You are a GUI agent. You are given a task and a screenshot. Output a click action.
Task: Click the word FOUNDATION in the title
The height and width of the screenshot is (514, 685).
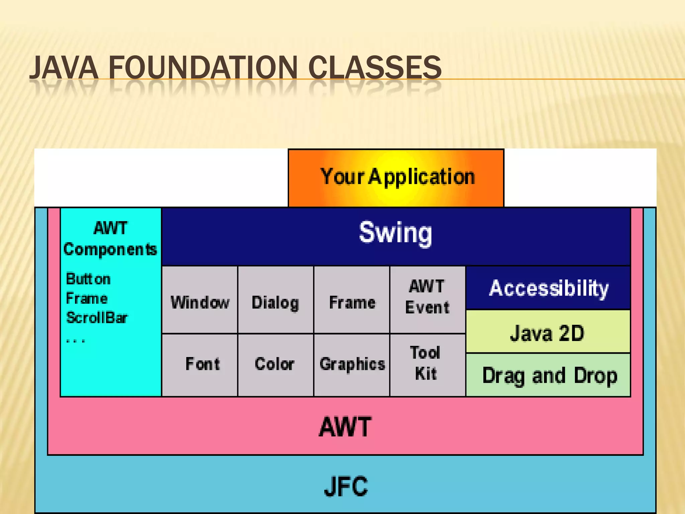click(202, 68)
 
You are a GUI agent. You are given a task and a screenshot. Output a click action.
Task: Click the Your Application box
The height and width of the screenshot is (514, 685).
click(396, 177)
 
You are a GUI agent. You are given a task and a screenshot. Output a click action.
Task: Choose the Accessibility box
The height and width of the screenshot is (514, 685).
click(548, 288)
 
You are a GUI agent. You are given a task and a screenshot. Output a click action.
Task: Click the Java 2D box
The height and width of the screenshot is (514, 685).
click(548, 333)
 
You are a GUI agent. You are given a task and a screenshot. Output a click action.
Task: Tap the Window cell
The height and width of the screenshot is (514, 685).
click(200, 302)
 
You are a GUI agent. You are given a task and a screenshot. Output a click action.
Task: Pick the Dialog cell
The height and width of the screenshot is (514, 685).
click(275, 302)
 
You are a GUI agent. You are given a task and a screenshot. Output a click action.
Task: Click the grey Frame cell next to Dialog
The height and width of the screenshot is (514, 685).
click(352, 302)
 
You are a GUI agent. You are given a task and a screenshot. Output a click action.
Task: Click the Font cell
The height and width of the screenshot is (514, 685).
click(203, 364)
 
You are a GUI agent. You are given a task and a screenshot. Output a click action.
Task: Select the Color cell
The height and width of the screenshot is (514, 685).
click(275, 364)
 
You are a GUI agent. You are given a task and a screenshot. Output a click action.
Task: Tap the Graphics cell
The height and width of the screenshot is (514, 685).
click(352, 364)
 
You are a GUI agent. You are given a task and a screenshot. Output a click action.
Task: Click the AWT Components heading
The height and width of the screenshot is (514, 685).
click(110, 239)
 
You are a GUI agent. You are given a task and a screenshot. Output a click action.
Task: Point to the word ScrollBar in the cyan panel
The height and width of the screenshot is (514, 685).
click(97, 318)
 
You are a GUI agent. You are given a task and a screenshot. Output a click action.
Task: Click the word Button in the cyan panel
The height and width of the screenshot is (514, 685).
click(88, 279)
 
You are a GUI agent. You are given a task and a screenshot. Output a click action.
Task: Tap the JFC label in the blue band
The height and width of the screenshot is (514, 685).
click(346, 486)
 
